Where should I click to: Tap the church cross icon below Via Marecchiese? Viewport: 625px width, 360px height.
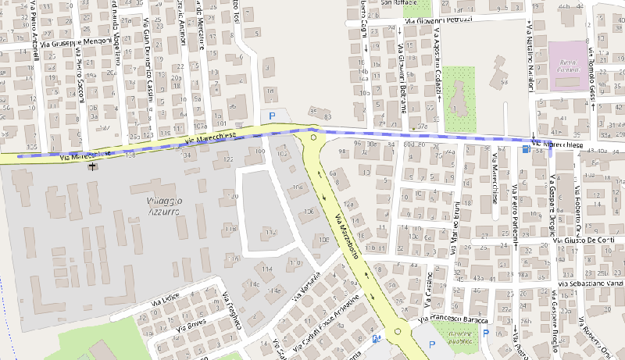(x=94, y=166)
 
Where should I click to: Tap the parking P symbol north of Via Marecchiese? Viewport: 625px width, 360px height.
(x=272, y=116)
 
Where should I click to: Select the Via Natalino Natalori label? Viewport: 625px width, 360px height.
(x=529, y=59)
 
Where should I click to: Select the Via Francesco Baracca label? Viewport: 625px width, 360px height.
(x=453, y=320)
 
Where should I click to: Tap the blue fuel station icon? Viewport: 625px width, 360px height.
(x=377, y=339)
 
